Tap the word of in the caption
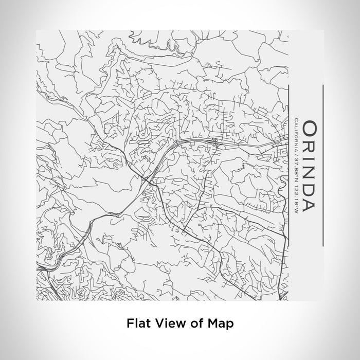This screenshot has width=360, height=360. click(194, 323)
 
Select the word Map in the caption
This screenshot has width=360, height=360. click(220, 323)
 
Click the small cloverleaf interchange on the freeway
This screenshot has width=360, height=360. click(214, 139)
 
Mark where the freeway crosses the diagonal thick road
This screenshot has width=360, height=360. click(150, 181)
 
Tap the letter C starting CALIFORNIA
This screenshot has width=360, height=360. click(296, 121)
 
